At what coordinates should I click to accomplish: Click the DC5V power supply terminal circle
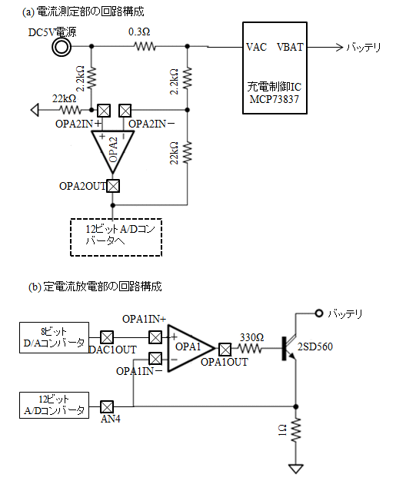coord(62,47)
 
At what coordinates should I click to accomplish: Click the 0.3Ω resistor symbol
coord(145,47)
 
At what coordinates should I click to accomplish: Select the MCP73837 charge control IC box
coord(275,68)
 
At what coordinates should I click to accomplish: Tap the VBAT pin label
coord(290,47)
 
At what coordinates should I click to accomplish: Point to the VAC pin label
coord(256,47)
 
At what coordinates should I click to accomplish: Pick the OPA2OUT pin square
coord(113,186)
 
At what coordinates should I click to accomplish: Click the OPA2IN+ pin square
coord(104,110)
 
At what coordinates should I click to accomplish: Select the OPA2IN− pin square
coord(125,110)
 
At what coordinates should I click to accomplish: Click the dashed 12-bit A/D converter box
coord(116,237)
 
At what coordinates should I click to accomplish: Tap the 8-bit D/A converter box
coord(54,338)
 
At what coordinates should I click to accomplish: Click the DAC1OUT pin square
coord(107,337)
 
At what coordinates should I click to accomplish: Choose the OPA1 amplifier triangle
coord(191,348)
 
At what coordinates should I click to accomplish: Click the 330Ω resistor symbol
coord(251,349)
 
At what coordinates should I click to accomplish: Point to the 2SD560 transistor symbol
coord(290,349)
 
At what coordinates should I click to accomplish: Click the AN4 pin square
coord(107,407)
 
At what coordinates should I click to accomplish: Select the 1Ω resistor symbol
coord(295,429)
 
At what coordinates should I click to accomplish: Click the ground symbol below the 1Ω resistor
coord(295,469)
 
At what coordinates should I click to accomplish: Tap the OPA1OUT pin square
coord(225,350)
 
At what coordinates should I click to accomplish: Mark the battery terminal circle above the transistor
coord(319,313)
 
